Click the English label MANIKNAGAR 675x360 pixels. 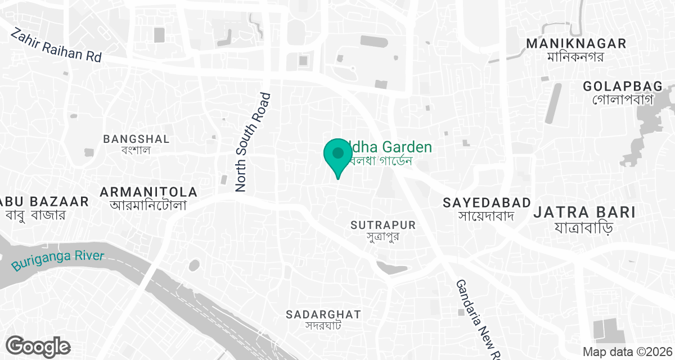click(575, 44)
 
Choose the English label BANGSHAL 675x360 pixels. click(137, 138)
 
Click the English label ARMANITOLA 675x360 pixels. click(148, 192)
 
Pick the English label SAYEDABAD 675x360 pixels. click(487, 202)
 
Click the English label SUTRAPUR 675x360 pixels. click(383, 225)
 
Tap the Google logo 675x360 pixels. click(38, 346)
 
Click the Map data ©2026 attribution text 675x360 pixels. click(627, 352)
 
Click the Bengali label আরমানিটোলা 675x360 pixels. click(148, 205)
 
